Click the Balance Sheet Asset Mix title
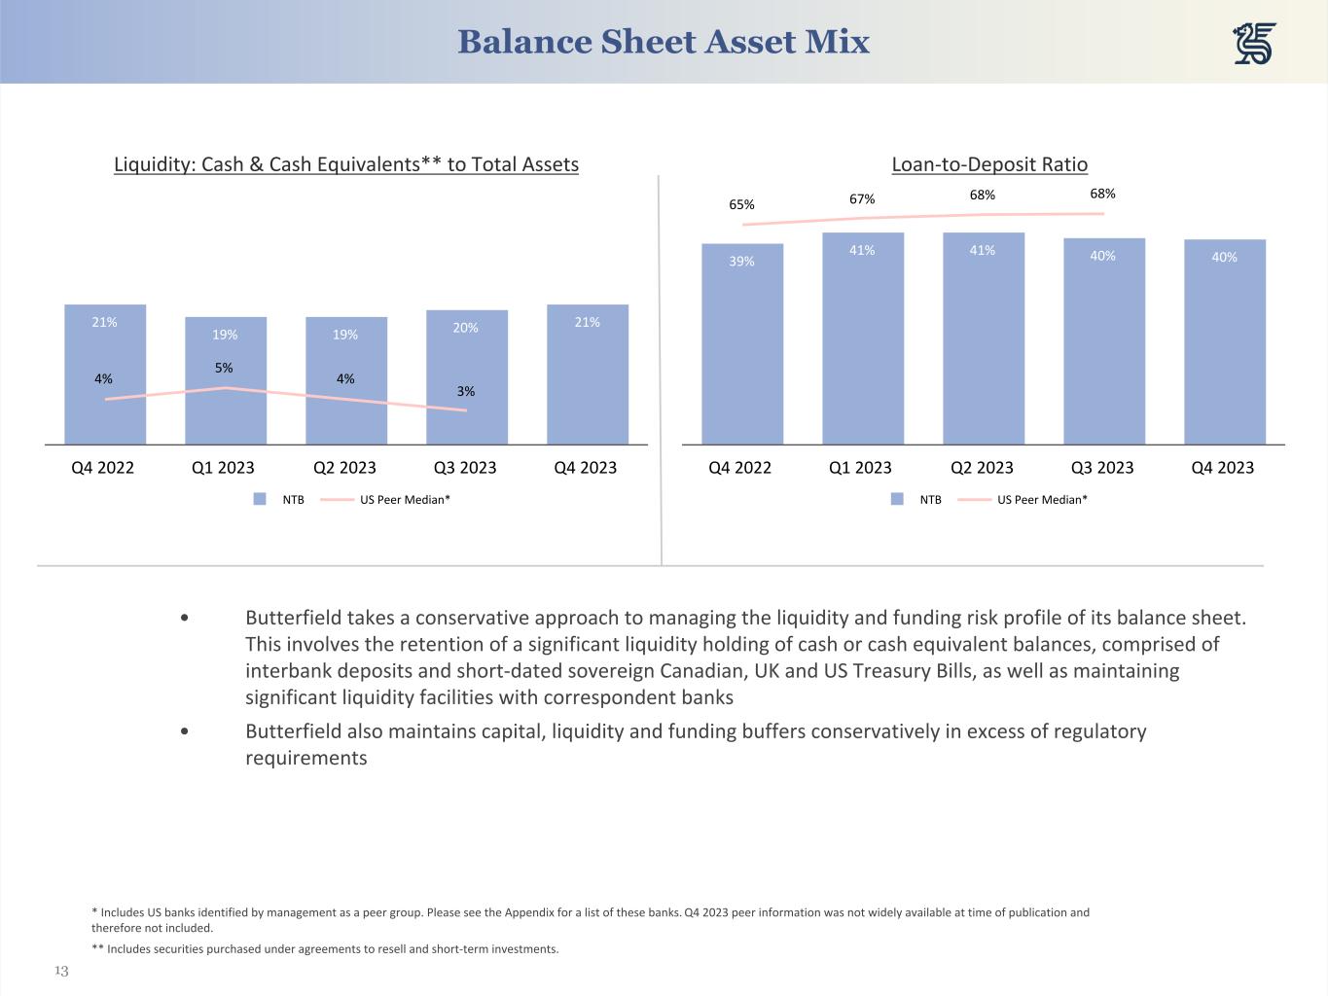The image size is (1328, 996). pos(663,42)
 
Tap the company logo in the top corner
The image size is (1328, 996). pos(1254,45)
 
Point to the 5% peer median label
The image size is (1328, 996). pos(224,368)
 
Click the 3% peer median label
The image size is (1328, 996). pos(466,391)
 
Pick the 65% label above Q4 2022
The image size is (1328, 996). pos(741,204)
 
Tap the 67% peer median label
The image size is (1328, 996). pos(862,198)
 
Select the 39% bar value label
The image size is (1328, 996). pos(741,261)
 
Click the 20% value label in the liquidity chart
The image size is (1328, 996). pos(466,328)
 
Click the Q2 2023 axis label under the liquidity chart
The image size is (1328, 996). pos(344,468)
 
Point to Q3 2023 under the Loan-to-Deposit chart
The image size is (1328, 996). pos(1102,468)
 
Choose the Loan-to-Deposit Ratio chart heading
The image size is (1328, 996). pos(989,164)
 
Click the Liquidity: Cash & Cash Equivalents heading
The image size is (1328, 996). pos(346,164)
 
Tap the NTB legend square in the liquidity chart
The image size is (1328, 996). pos(260,499)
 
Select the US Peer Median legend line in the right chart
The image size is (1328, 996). pos(974,499)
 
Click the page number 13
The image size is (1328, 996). pos(61,971)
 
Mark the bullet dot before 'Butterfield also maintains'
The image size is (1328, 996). pos(185,731)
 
